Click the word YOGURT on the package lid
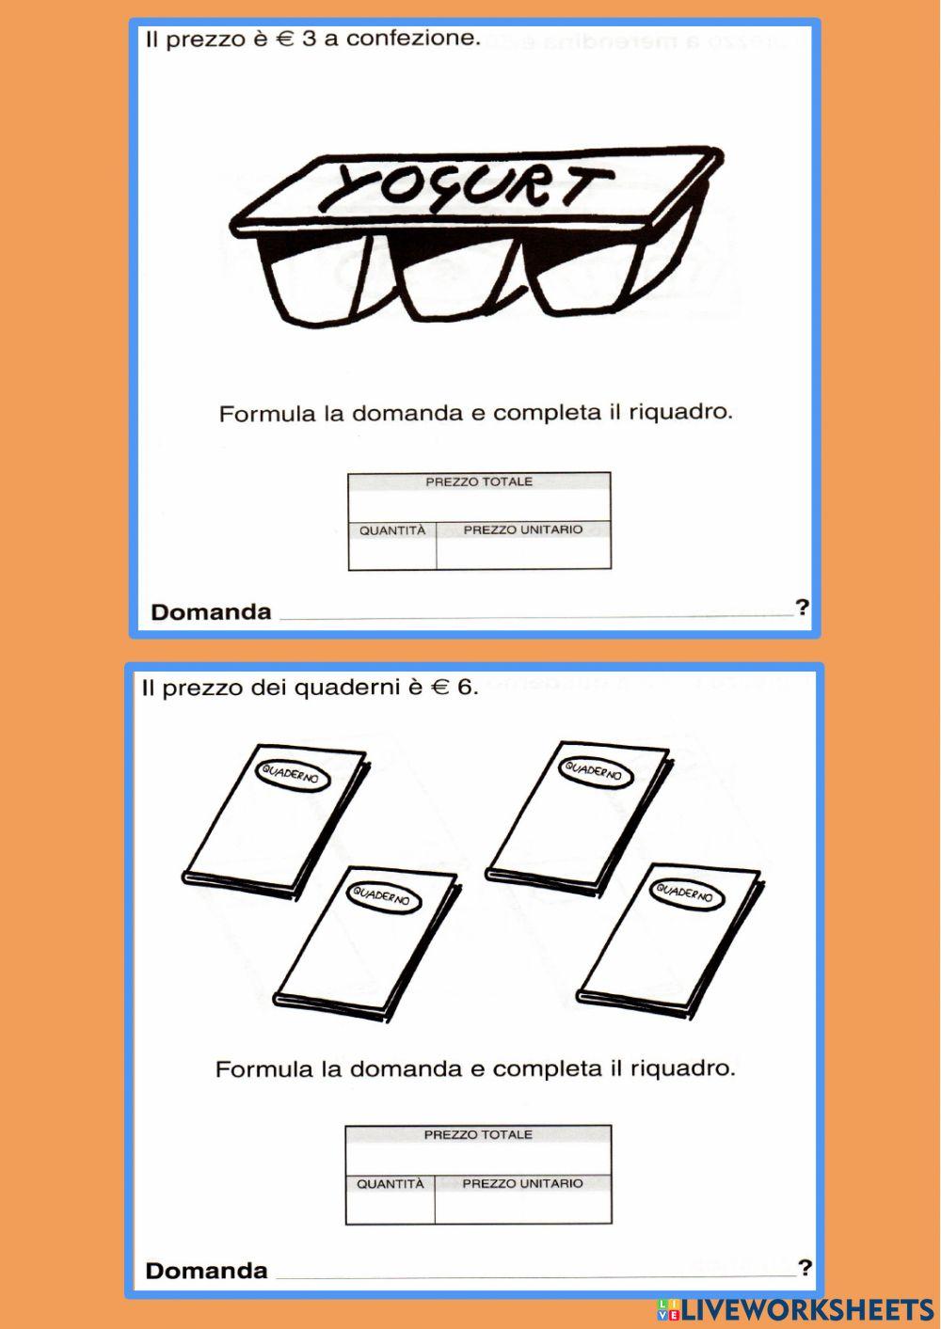[465, 185]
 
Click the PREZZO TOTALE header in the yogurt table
[479, 482]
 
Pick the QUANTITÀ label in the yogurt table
[392, 530]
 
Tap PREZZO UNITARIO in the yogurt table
[523, 530]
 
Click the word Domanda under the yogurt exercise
[211, 612]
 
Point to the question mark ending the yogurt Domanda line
[802, 608]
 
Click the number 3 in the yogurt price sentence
[309, 39]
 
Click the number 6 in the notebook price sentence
[464, 688]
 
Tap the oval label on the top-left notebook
[293, 774]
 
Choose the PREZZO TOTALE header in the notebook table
[478, 1135]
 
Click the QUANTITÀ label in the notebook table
[391, 1184]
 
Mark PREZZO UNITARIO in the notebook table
[523, 1183]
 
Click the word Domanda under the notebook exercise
[207, 1272]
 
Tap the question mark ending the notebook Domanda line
[805, 1268]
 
